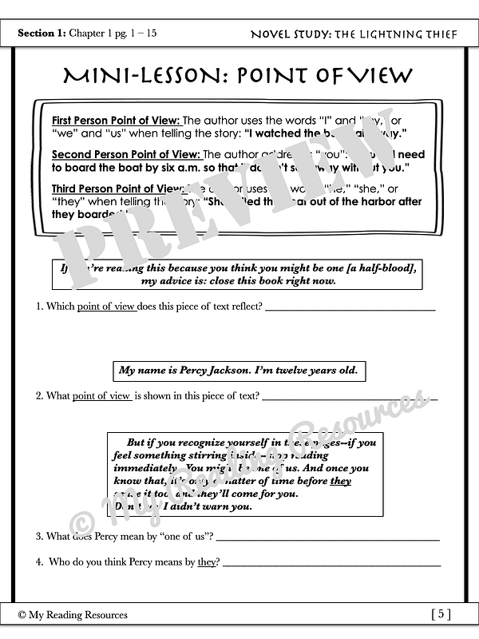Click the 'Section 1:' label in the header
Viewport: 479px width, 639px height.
pyautogui.click(x=43, y=34)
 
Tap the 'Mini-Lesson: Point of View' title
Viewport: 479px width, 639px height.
pyautogui.click(x=239, y=76)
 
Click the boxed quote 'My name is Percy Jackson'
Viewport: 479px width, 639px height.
pyautogui.click(x=239, y=371)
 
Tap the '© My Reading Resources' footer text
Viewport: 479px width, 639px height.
pyautogui.click(x=73, y=614)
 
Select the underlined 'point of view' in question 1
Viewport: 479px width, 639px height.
pyautogui.click(x=105, y=307)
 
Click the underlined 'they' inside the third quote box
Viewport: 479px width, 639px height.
pyautogui.click(x=340, y=481)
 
